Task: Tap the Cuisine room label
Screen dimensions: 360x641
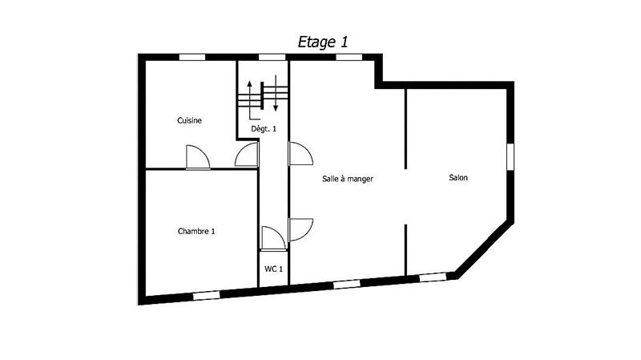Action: pos(189,121)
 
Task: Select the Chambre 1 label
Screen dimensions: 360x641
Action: pos(196,231)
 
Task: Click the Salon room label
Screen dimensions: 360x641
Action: pos(458,178)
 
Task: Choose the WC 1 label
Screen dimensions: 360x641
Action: pos(273,269)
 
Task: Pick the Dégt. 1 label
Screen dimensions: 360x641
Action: pos(264,128)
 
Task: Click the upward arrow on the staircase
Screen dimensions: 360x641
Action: pos(250,95)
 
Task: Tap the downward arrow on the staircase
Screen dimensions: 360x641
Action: pos(276,95)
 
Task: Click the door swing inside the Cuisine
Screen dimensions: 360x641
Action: pos(196,157)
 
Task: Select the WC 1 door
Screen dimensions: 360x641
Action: pos(272,238)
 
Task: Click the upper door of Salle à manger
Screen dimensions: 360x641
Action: pos(300,154)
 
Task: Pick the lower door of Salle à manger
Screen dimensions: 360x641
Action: pos(300,229)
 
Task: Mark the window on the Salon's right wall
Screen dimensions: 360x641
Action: pos(510,156)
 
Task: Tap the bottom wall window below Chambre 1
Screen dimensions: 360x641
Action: pos(206,295)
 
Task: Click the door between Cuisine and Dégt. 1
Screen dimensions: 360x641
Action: pos(247,157)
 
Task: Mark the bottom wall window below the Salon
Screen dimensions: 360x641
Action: pos(433,277)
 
